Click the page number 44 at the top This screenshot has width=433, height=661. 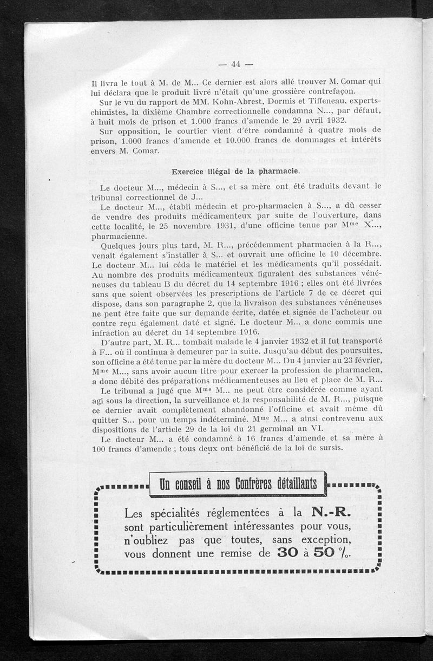pos(235,64)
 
